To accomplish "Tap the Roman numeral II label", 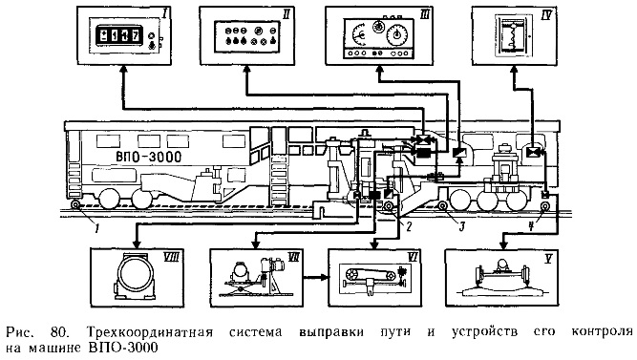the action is [286, 14].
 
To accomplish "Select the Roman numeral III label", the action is [425, 15].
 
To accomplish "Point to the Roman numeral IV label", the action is [546, 15].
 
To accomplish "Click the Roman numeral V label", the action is [548, 259].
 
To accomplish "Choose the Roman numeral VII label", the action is [293, 256].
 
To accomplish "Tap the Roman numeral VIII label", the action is [172, 257].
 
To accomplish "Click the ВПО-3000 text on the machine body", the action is [149, 157].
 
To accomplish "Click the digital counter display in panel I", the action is [118, 34].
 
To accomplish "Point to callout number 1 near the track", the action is [96, 228].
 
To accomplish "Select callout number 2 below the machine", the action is [409, 226].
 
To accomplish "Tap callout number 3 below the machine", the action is [461, 226].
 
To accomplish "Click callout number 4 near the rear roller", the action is [531, 226].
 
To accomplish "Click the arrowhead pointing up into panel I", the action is [124, 70].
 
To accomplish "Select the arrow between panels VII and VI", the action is [315, 278].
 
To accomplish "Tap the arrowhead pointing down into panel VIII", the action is [137, 244].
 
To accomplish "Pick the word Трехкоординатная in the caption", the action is [150, 332].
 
